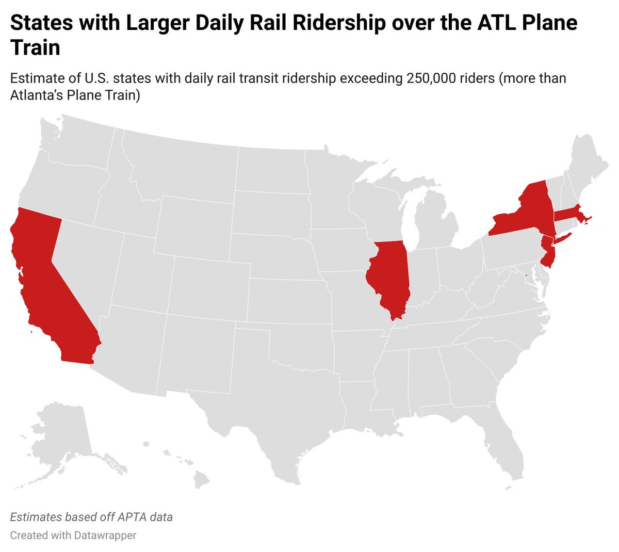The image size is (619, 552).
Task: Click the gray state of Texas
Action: tap(268, 413)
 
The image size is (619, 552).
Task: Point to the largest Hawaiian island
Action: tap(201, 480)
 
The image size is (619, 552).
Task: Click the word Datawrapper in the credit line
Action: tap(105, 535)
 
